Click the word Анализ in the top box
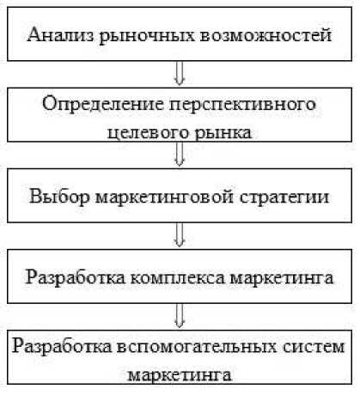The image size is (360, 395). [x=60, y=34]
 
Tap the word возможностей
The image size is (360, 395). [x=265, y=34]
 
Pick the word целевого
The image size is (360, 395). [x=148, y=133]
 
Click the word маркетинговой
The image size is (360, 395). [x=164, y=196]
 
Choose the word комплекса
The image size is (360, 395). [x=178, y=277]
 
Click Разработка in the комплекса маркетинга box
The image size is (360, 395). [x=76, y=277]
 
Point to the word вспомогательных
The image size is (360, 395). [x=198, y=347]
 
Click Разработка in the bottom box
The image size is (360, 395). [x=62, y=346]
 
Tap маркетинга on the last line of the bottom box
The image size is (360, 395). [x=180, y=375]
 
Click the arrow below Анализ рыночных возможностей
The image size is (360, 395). [x=180, y=74]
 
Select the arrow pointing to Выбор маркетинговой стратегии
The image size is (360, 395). [x=180, y=155]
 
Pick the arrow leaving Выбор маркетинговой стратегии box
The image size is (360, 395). [x=180, y=235]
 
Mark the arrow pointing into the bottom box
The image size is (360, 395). [x=180, y=316]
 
